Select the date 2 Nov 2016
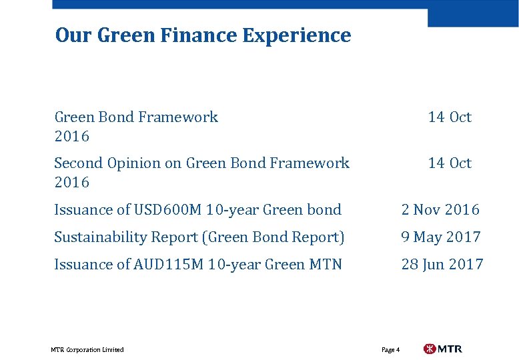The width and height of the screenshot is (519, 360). pyautogui.click(x=440, y=209)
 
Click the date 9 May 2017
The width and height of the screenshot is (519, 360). pyautogui.click(x=441, y=237)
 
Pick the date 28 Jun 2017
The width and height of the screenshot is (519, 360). pyautogui.click(x=442, y=264)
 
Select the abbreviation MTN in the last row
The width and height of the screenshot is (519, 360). pyautogui.click(x=326, y=264)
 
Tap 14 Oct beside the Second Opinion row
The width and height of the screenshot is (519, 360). pyautogui.click(x=450, y=163)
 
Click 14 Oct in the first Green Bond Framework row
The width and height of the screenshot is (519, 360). pyautogui.click(x=450, y=117)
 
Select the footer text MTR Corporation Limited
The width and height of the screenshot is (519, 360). pyautogui.click(x=87, y=349)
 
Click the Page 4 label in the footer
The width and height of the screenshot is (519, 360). pyautogui.click(x=390, y=349)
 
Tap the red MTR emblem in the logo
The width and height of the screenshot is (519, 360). pyautogui.click(x=430, y=349)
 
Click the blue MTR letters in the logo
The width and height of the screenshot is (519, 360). pyautogui.click(x=450, y=349)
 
